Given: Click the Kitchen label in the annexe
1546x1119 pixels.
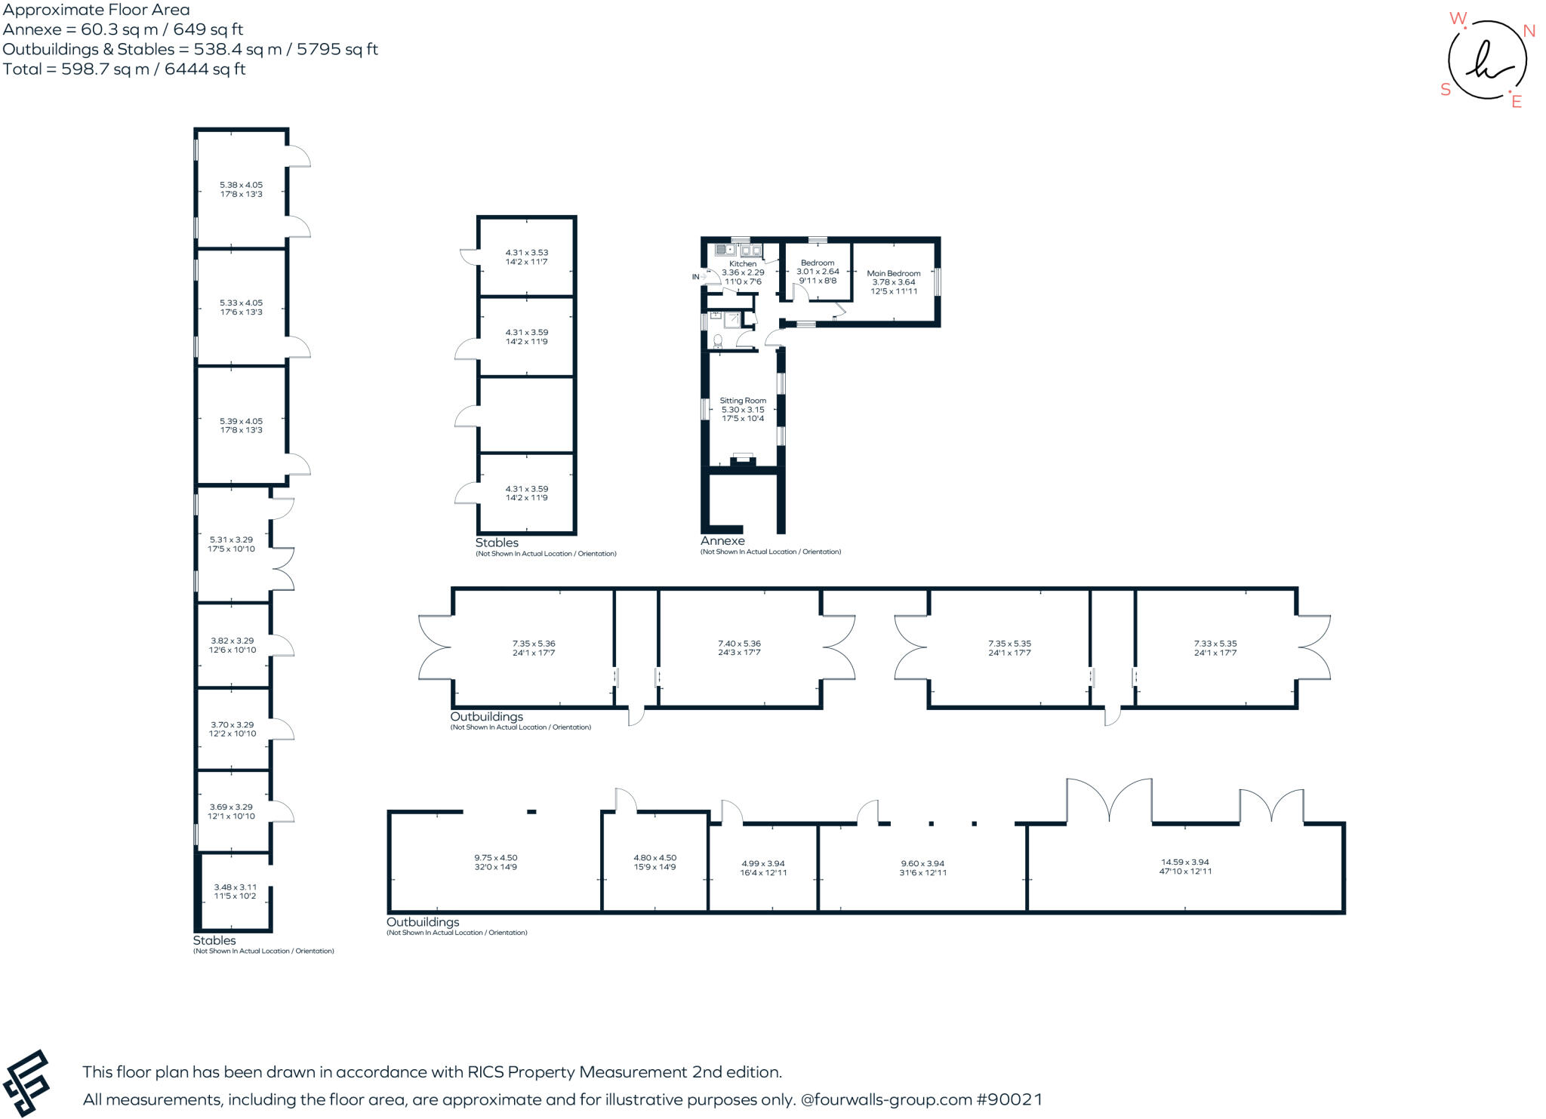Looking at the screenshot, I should pos(743,264).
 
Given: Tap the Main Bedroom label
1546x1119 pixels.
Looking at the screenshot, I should pos(894,274).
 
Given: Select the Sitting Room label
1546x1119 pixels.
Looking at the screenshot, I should pos(743,401).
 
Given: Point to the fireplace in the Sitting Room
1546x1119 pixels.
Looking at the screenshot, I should pos(743,460).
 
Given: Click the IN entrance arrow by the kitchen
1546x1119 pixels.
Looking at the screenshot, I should pos(696,277).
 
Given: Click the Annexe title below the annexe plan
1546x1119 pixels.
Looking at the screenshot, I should pos(722,541).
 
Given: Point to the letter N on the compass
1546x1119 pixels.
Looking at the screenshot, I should pos(1529,31).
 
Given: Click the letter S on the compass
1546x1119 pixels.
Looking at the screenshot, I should pos(1446,90).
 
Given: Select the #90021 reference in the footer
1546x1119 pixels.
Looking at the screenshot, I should pos(1009,1099).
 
